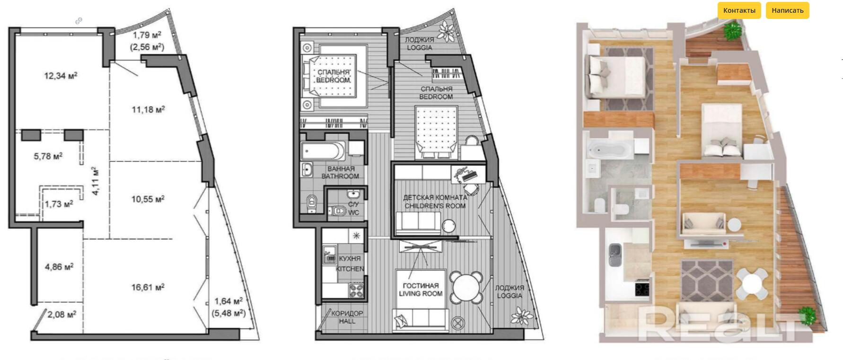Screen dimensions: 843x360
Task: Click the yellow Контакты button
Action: [x=739, y=10]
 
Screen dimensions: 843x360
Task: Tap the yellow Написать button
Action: [x=787, y=10]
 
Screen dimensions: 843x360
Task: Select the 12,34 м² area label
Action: [x=61, y=75]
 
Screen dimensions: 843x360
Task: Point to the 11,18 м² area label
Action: [x=148, y=110]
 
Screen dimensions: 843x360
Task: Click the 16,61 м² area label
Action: [x=148, y=287]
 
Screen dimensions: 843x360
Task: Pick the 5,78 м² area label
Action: [x=48, y=156]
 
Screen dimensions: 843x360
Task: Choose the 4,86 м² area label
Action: [x=59, y=267]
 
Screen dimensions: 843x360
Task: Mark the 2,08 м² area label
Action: [x=62, y=314]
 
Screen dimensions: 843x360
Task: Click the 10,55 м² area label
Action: [x=148, y=199]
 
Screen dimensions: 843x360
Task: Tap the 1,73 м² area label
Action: [x=59, y=204]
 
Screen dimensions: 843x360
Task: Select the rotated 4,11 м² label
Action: [x=95, y=181]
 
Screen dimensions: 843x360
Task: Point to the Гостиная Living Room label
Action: [x=421, y=290]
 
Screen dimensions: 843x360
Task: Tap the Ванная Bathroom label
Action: [x=340, y=173]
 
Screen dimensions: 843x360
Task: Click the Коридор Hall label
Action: [x=347, y=317]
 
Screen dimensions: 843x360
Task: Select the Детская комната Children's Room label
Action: [x=435, y=202]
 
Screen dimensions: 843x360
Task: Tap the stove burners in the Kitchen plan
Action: [x=356, y=289]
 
